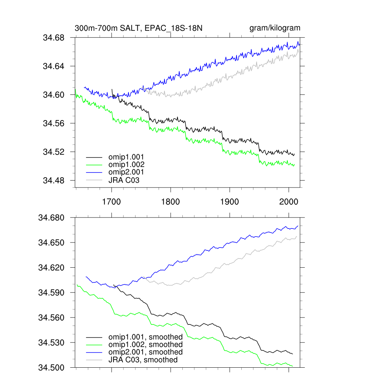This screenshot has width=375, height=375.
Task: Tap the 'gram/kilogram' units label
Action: coord(275,28)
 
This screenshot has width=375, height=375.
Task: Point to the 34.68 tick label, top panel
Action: coord(54,38)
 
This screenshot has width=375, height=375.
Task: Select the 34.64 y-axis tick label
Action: coord(54,66)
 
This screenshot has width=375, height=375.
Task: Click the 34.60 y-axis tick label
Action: coord(54,95)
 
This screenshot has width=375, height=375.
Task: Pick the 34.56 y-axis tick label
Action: coord(54,123)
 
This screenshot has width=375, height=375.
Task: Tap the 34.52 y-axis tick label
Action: coord(54,152)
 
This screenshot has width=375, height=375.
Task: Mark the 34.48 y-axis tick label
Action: coord(54,181)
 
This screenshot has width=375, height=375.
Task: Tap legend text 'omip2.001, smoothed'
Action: coord(145,352)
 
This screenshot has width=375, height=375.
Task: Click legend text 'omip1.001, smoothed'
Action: coord(145,337)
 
